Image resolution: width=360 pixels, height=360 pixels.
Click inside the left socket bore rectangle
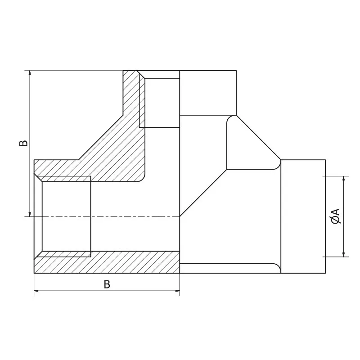pos(66,214)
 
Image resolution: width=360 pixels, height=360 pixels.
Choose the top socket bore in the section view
pos(160,103)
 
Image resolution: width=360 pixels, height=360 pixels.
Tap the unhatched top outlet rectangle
pos(208,93)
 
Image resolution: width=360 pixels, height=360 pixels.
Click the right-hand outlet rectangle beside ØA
pos(303,216)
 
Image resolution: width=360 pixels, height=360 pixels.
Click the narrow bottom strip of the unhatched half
pos(229,268)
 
